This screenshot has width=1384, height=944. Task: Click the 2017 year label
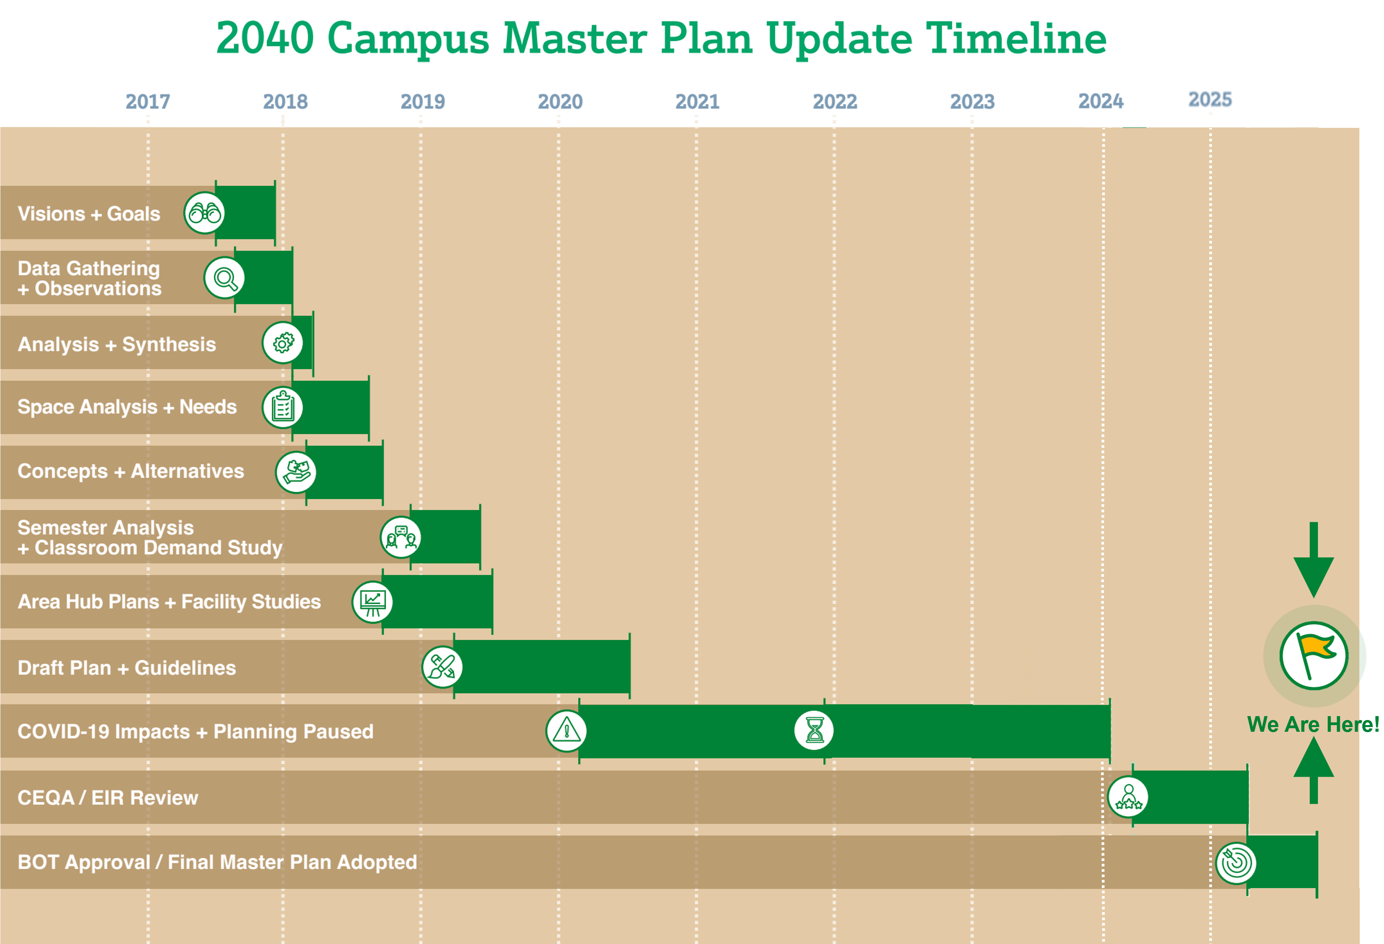148,102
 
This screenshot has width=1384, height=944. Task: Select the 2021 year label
697,102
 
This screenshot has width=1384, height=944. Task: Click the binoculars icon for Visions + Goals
204,213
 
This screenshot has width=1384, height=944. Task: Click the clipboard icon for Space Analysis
283,407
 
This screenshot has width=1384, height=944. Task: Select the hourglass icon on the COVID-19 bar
814,730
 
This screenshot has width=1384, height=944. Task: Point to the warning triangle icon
567,731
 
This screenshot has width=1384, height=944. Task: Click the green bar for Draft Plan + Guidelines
542,666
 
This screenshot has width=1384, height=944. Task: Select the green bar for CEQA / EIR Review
1190,797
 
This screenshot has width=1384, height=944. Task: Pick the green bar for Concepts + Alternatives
345,472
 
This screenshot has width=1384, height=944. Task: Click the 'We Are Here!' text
1313,724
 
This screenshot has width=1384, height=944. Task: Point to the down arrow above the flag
1314,560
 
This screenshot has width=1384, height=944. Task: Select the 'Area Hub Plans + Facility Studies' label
169,602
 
